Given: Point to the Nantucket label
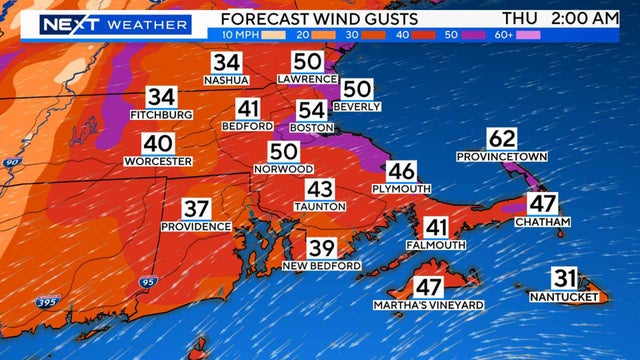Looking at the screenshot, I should tap(563, 297).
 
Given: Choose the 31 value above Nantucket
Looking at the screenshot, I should tap(563, 279).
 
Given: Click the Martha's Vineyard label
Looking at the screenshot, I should tap(429, 304).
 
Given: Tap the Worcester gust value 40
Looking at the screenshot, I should tap(157, 143).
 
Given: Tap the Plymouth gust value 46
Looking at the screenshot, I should tap(401, 171).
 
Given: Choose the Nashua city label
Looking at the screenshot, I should tap(226, 80).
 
